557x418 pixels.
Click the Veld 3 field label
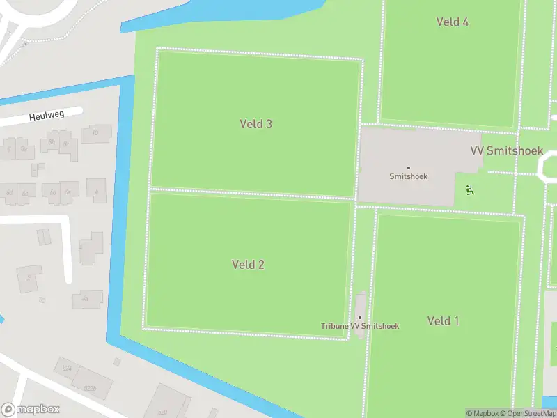point(256,124)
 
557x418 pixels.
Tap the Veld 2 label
point(248,264)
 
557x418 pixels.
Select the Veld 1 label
point(443,320)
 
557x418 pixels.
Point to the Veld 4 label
point(452,22)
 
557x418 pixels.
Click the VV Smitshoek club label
point(506,150)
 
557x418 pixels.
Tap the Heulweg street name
point(47,116)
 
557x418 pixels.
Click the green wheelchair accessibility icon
point(470,189)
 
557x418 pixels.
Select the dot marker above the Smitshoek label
point(408,167)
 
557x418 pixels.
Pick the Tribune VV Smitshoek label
point(360,326)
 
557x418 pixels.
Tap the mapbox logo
point(31,410)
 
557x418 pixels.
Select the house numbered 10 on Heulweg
point(95,133)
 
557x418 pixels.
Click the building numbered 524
point(67,367)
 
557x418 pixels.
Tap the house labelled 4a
point(85,298)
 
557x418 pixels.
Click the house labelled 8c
point(68,144)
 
